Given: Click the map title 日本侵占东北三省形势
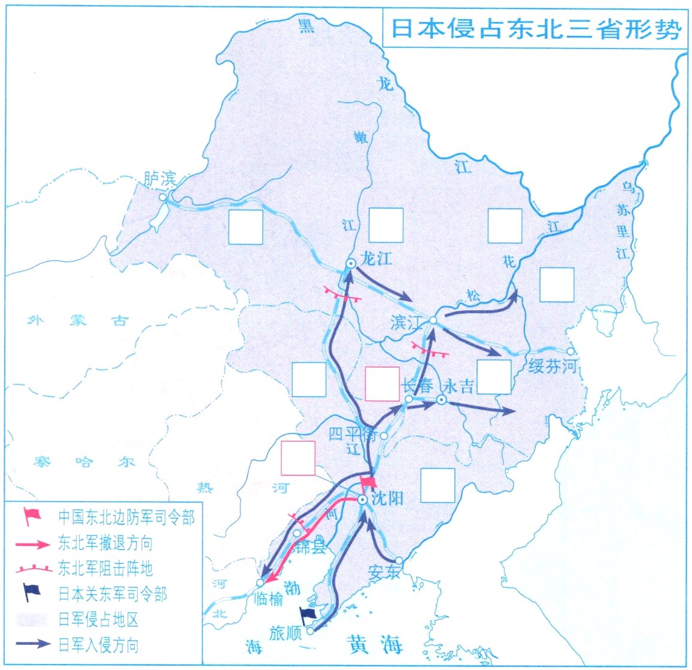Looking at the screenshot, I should point(536,29).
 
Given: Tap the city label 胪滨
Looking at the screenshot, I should point(160,178).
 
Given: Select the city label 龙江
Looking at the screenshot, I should point(377,259).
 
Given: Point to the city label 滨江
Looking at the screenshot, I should point(406,323).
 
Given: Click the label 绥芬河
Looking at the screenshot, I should point(552,366).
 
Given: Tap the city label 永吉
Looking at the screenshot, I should point(460,386).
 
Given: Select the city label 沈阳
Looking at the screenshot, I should point(387,498).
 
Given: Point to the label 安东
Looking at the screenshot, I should point(384,571).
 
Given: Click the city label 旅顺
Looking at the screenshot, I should point(285,633).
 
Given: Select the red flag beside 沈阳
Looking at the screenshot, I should point(368,483).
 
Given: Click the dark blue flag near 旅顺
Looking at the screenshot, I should point(308,616).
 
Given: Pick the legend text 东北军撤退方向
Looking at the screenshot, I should point(105,544).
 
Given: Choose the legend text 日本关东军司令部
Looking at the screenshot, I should point(113,594).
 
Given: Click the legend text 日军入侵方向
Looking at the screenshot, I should point(98,645).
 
